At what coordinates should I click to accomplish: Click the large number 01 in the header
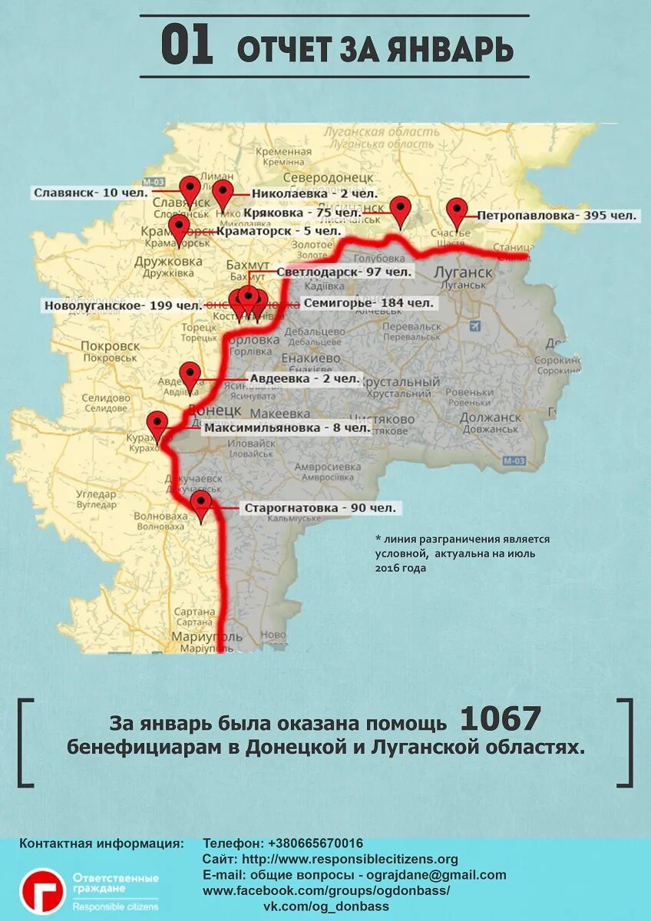coord(187,46)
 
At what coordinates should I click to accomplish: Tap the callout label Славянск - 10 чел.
coord(91,193)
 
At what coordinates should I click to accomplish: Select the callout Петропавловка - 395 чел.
coord(557,216)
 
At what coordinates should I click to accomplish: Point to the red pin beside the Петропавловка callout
coord(458,211)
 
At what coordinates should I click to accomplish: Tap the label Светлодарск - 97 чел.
coord(344,272)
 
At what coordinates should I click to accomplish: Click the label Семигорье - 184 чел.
coord(368,303)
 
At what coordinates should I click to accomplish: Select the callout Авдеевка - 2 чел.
coord(304,378)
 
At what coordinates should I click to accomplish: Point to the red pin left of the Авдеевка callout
coord(190,376)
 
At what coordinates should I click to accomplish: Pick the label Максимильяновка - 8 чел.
coord(286,427)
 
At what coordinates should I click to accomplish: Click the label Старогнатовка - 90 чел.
coord(320,508)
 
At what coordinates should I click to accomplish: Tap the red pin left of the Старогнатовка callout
coord(201,504)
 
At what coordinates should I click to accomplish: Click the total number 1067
coord(501,719)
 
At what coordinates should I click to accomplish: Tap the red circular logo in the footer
coord(42,890)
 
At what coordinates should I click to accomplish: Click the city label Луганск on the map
coord(462,272)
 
